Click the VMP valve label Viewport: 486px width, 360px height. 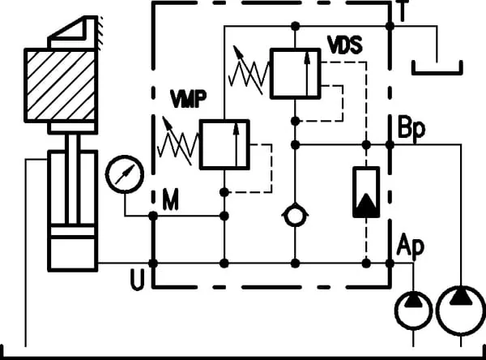pyautogui.click(x=188, y=99)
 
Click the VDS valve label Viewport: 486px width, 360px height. pyautogui.click(x=345, y=45)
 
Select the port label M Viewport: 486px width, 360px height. pyautogui.click(x=170, y=199)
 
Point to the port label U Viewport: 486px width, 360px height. pyautogui.click(x=138, y=279)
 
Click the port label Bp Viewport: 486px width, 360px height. pyautogui.click(x=411, y=127)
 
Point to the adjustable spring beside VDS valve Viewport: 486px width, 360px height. pyautogui.click(x=249, y=71)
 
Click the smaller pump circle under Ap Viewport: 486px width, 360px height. pyautogui.click(x=413, y=293)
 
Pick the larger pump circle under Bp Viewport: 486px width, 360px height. pyautogui.click(x=461, y=287)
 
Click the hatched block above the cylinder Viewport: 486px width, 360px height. pyautogui.click(x=61, y=85)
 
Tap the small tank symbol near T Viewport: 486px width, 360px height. pyautogui.click(x=437, y=73)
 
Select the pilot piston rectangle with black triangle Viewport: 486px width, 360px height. pyautogui.click(x=366, y=192)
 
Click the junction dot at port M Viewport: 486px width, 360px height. pyautogui.click(x=153, y=216)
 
